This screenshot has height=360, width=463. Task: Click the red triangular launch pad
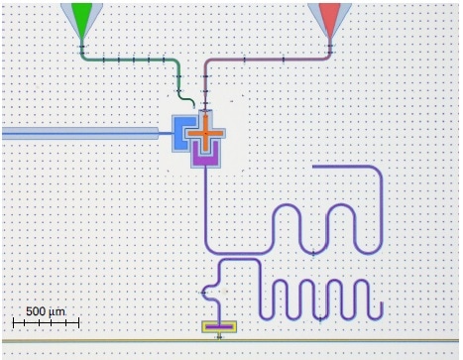click(330, 14)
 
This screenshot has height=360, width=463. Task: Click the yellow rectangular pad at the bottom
click(219, 326)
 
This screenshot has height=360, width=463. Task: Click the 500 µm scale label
click(45, 311)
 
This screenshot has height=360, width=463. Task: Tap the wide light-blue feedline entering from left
click(79, 132)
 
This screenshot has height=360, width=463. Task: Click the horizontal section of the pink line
click(268, 59)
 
